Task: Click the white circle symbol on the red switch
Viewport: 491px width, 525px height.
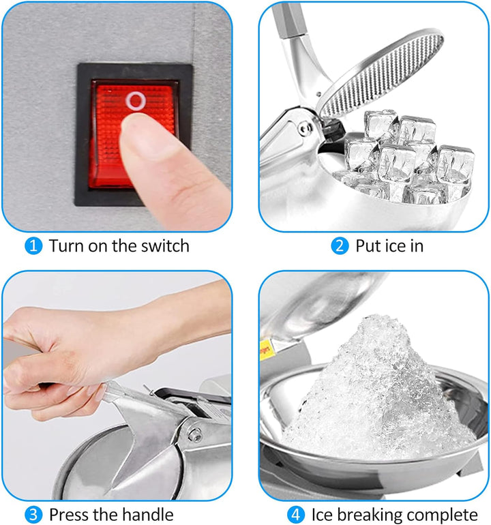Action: click(x=136, y=100)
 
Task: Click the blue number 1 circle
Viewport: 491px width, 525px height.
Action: click(x=33, y=245)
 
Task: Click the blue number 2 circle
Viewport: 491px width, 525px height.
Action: click(x=340, y=245)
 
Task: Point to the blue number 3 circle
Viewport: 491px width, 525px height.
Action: click(x=33, y=515)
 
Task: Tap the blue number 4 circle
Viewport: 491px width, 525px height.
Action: click(x=296, y=515)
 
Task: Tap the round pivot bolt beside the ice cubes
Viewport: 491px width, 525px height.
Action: click(x=305, y=129)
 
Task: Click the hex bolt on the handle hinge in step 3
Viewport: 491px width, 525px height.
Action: click(x=194, y=434)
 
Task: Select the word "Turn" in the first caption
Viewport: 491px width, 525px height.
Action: click(x=66, y=245)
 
